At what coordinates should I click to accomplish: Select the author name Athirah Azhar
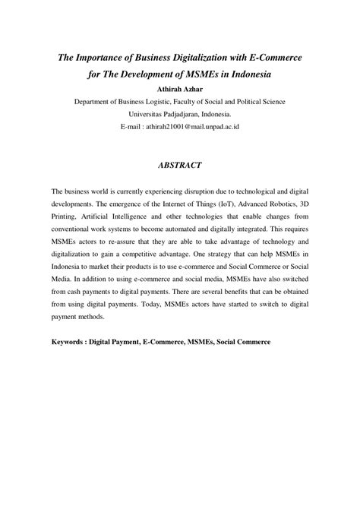[x=180, y=88]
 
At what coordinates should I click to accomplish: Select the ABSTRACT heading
[x=180, y=163]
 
